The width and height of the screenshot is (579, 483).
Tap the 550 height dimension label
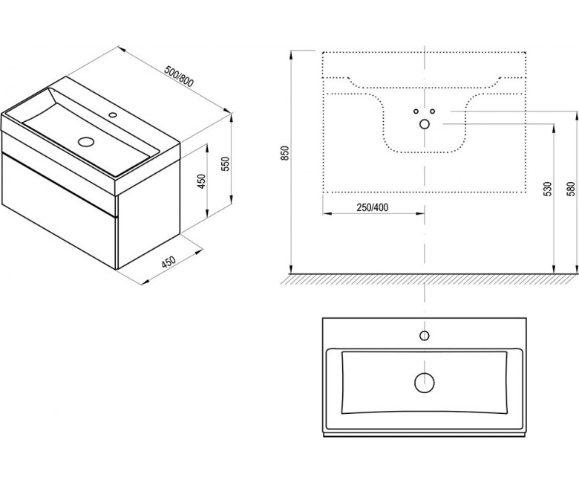226,163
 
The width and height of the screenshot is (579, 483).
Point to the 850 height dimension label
285,153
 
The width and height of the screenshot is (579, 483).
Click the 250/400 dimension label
372,207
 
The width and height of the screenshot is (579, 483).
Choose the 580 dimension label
571,189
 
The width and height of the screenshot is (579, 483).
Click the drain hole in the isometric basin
87,141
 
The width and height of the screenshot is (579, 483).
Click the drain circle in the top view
425,383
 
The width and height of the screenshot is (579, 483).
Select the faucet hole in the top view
425,336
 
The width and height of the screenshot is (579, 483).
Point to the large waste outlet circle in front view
425,124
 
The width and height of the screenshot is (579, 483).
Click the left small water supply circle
416,111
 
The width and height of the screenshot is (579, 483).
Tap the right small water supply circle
433,111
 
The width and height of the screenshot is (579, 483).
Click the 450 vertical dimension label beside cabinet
201,181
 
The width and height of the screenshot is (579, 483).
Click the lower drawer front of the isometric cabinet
59,211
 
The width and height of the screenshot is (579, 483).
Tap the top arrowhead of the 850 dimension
291,54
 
